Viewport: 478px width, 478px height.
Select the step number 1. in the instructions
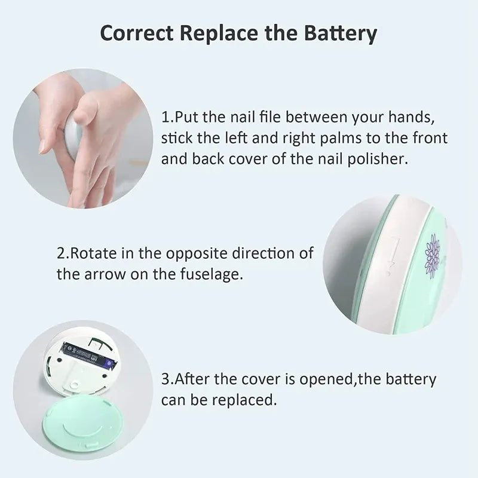coord(167,116)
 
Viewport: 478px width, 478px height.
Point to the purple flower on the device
coord(431,254)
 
